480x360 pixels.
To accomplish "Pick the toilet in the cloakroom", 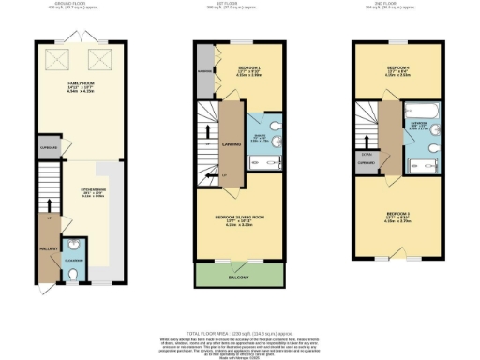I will pyautogui.click(x=74, y=275).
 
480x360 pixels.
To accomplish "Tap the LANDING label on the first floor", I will pyautogui.click(x=226, y=142).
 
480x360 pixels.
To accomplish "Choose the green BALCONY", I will pyautogui.click(x=238, y=277).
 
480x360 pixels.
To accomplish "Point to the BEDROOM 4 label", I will pyautogui.click(x=400, y=70).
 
